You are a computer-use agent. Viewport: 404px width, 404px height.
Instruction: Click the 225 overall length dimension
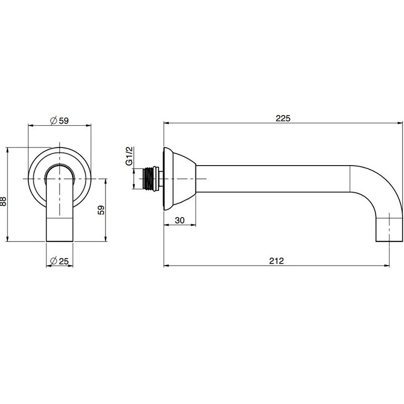coord(283,118)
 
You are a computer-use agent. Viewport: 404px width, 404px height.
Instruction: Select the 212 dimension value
coord(276,261)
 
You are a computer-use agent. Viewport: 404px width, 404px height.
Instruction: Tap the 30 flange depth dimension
coord(180,220)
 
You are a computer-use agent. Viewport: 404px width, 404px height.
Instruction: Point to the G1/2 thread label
coord(129,156)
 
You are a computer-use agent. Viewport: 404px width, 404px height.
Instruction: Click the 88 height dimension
coord(3,201)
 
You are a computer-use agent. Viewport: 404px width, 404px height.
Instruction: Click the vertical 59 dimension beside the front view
coord(102,210)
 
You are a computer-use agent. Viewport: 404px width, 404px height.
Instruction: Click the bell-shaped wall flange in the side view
coord(180,179)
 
